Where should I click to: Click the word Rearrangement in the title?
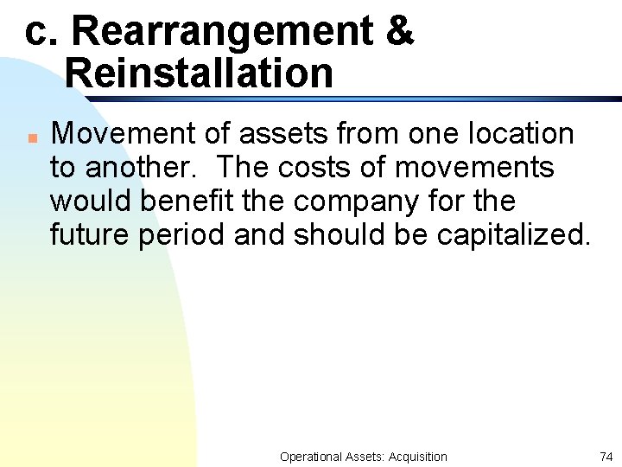tap(222, 32)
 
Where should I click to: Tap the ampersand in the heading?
tap(400, 31)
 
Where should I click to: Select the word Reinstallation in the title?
tap(199, 73)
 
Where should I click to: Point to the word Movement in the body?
tap(111, 134)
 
